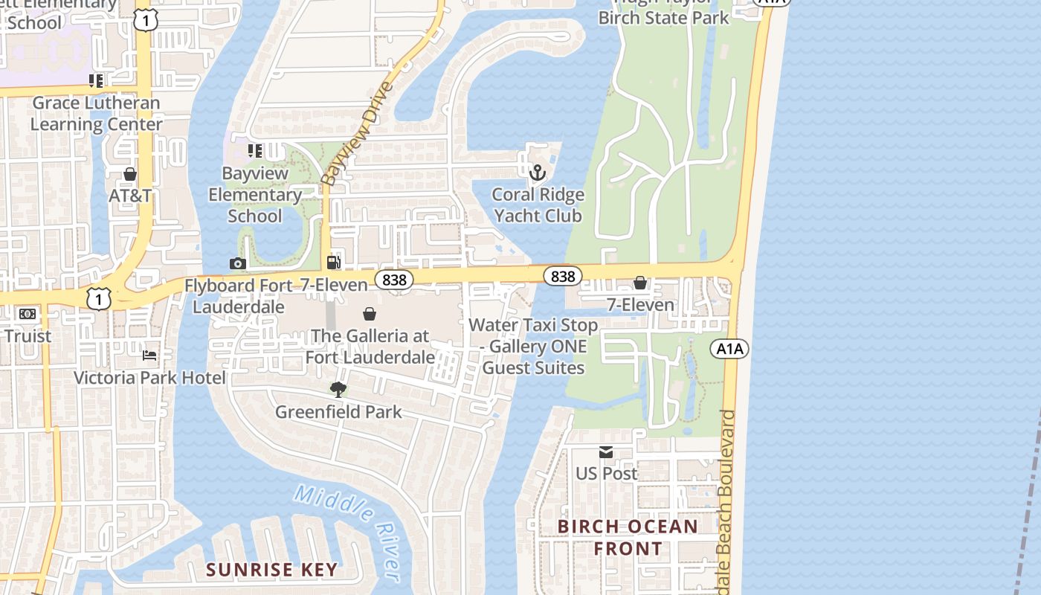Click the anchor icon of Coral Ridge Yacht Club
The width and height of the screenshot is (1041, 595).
[x=537, y=173]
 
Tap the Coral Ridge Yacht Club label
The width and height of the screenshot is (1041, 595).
[x=538, y=205]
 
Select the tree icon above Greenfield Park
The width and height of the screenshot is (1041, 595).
[x=338, y=389]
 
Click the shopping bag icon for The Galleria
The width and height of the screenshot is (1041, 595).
[x=369, y=315]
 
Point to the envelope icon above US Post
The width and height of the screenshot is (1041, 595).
[x=607, y=452]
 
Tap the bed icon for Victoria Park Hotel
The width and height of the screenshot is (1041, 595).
[x=149, y=356]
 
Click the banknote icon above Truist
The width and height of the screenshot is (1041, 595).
[x=28, y=314]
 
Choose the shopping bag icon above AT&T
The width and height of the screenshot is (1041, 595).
[x=130, y=174]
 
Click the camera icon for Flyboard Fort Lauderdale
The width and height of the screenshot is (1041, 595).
[x=238, y=263]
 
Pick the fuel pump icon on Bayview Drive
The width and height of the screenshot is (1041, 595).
[x=334, y=263]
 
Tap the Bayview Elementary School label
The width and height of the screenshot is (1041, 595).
[x=255, y=195]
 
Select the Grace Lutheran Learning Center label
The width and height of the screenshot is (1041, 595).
[x=96, y=113]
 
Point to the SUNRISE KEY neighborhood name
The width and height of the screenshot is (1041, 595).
[x=271, y=570]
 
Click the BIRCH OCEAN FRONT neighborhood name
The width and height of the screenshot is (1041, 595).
[x=628, y=538]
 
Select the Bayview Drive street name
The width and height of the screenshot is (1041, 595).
[x=357, y=134]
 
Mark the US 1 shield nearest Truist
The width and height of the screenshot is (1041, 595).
[x=98, y=299]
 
